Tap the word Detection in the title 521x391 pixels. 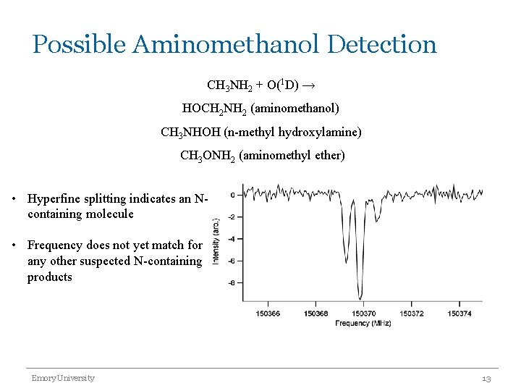tap(382, 44)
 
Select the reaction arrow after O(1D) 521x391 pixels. tap(308, 85)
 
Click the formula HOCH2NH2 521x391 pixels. tap(215, 109)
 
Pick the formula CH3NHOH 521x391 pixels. tap(190, 133)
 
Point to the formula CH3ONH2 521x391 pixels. tap(207, 156)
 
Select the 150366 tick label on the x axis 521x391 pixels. tap(268, 314)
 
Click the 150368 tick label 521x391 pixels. tap(315, 314)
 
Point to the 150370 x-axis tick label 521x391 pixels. tap(363, 314)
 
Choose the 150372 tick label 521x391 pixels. tap(411, 314)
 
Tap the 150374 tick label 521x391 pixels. tap(459, 314)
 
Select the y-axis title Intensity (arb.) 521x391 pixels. tap(216, 240)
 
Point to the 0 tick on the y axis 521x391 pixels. tap(232, 195)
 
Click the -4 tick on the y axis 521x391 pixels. tap(231, 239)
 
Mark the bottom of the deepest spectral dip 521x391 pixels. tap(360, 298)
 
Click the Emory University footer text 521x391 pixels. tap(62, 378)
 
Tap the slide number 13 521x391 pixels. tap(486, 379)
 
